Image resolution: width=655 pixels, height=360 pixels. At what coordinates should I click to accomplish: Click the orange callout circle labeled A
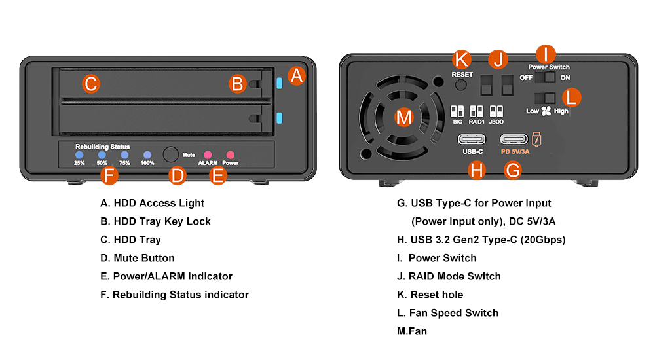pos(297,75)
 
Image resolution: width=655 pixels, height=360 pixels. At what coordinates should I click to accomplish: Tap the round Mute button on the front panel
pos(171,154)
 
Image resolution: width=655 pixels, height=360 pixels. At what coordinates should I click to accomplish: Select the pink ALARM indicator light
pos(208,154)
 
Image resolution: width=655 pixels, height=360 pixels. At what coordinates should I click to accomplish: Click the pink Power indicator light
pos(230,154)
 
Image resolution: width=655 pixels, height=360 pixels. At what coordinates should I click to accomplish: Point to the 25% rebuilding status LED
pos(79,155)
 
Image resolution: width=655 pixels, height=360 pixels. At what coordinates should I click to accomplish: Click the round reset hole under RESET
pos(462,86)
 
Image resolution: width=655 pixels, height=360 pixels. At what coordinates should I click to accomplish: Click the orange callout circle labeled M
pos(405,118)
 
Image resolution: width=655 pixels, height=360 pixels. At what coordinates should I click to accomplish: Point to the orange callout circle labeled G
pos(514,171)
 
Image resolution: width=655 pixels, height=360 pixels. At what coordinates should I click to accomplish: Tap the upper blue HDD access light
pos(280,83)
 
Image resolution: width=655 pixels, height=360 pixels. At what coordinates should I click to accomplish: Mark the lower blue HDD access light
pos(280,118)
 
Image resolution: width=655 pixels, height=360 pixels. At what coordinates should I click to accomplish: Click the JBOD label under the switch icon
pos(496,122)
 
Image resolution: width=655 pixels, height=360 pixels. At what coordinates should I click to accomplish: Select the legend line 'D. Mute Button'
pos(138,258)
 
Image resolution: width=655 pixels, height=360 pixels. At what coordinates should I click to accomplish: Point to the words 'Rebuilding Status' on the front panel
pos(102,147)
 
